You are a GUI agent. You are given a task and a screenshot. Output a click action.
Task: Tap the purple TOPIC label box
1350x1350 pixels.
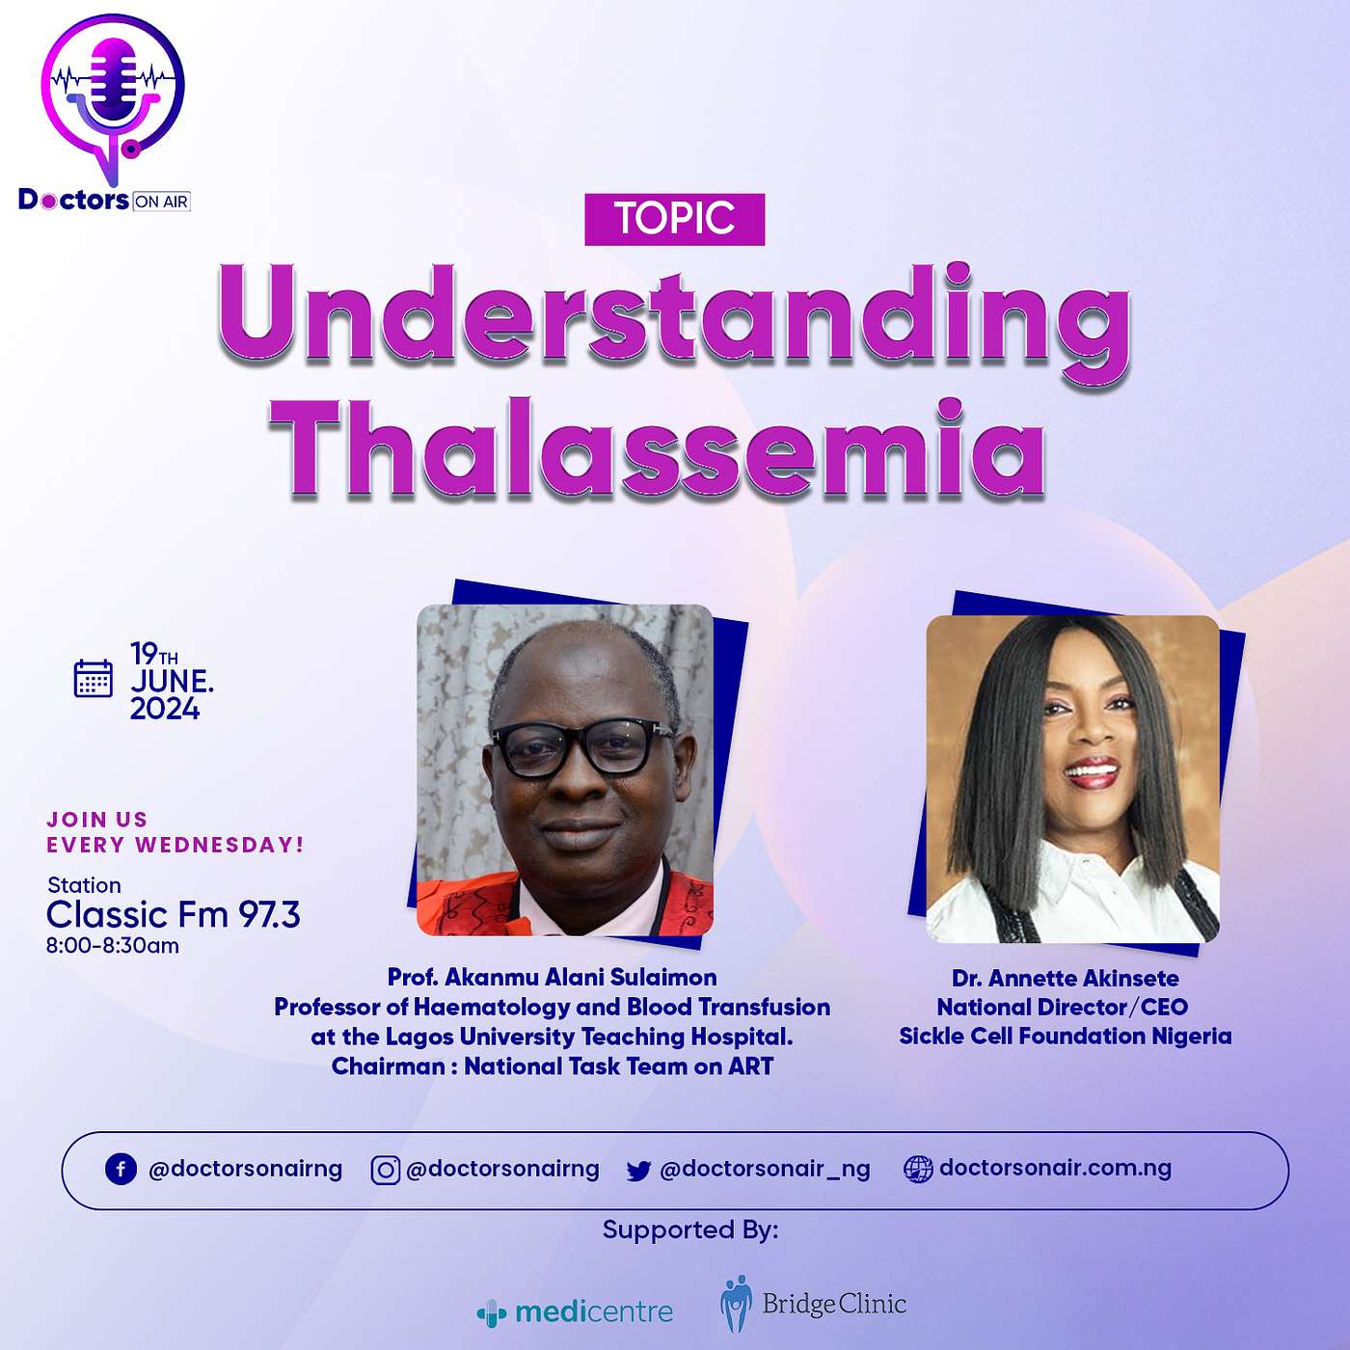tap(674, 219)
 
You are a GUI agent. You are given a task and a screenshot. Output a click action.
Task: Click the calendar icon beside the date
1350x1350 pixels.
tap(94, 678)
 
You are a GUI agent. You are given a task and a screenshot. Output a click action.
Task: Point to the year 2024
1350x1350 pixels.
tap(165, 709)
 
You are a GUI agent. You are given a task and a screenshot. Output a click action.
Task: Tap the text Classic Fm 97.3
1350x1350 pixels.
tap(173, 914)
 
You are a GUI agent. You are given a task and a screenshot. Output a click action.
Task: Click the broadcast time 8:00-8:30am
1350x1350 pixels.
tap(113, 946)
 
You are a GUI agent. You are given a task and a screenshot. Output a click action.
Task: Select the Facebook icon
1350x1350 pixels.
tap(121, 1170)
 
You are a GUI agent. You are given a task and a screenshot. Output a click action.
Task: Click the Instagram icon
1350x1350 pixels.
tap(385, 1170)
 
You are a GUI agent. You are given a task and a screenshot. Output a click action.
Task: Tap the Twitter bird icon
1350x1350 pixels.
tap(638, 1171)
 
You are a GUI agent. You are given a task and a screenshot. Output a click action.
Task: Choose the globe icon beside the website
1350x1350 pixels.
tap(918, 1169)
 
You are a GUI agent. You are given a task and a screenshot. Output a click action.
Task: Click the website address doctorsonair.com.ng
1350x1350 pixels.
tap(1055, 1168)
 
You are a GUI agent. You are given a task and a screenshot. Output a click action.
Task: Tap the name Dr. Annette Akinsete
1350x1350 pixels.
tap(1065, 978)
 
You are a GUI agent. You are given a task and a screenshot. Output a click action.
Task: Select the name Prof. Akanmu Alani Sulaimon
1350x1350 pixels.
tap(552, 977)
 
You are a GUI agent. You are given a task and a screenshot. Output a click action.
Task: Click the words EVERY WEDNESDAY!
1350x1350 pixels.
tap(175, 845)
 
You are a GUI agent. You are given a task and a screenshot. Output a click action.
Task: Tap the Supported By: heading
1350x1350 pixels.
tap(690, 1230)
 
